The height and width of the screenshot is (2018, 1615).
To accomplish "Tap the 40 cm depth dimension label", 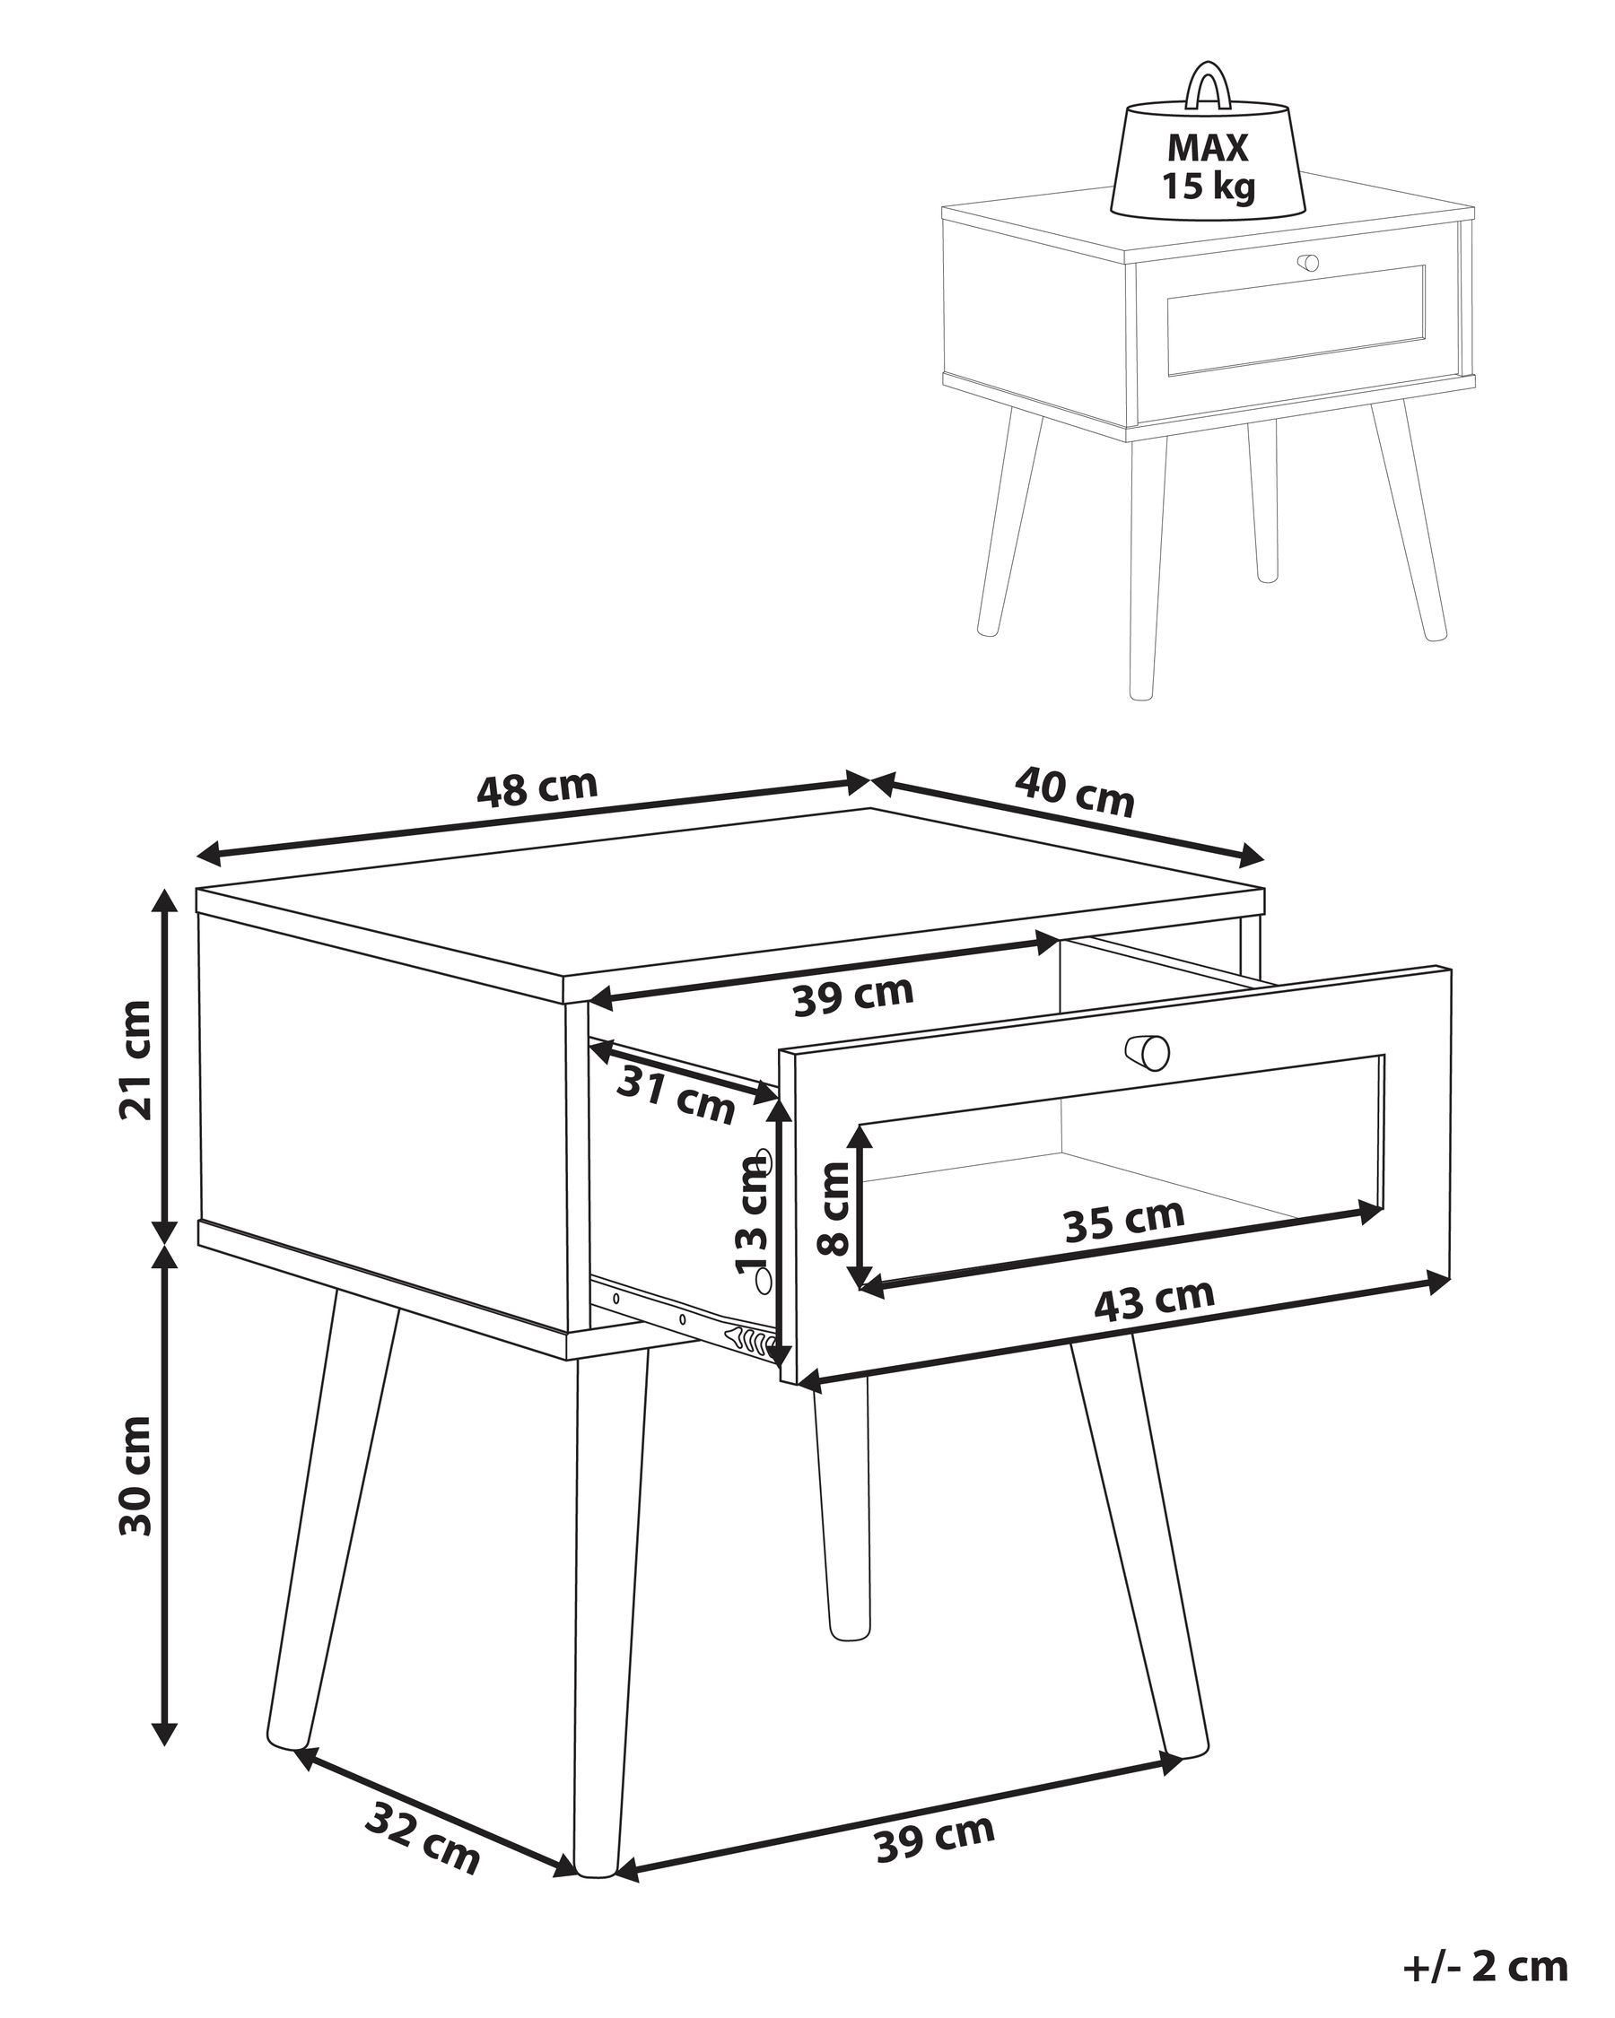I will pyautogui.click(x=1074, y=791).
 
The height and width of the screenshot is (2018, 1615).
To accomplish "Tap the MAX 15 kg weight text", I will pyautogui.click(x=1208, y=168).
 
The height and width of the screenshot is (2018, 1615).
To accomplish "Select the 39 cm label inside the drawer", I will pyautogui.click(x=853, y=994).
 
